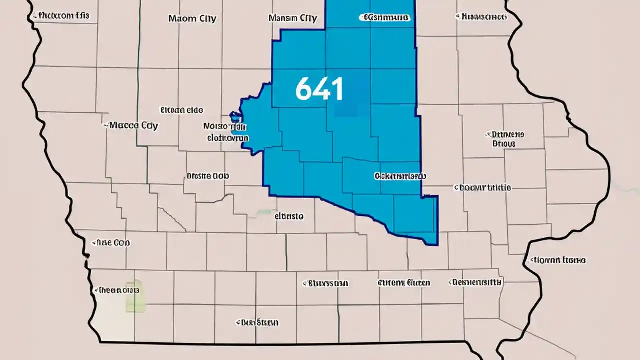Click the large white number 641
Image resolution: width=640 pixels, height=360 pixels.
click(319, 89)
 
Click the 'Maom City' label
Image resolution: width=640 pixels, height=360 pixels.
click(192, 19)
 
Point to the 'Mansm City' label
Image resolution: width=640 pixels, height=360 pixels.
click(292, 19)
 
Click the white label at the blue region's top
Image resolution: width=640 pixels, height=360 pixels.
click(385, 18)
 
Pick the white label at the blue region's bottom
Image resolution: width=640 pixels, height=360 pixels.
click(400, 176)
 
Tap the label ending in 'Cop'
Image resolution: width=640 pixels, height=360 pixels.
click(112, 243)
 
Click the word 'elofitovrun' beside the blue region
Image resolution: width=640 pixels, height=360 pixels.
click(228, 136)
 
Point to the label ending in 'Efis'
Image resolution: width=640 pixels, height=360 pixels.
click(61, 16)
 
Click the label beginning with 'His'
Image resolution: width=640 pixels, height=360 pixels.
click(482, 17)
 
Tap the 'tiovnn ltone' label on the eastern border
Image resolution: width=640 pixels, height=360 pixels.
click(558, 260)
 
